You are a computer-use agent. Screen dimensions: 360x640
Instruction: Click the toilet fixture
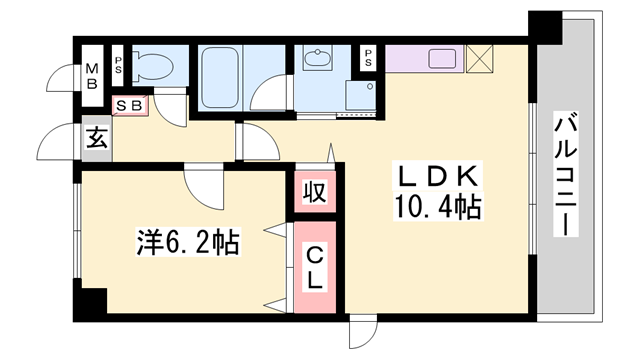pyautogui.click(x=152, y=66)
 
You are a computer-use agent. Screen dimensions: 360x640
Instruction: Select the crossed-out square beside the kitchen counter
pyautogui.click(x=481, y=59)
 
